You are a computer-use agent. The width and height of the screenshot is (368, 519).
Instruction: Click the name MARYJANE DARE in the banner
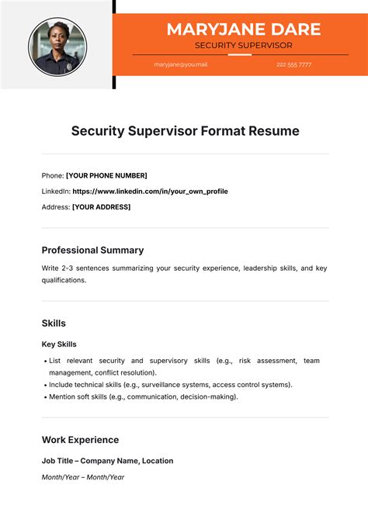[x=243, y=29]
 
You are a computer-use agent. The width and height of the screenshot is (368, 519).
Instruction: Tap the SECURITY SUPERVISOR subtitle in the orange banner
[x=243, y=46]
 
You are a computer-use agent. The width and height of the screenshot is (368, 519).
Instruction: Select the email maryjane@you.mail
[x=181, y=64]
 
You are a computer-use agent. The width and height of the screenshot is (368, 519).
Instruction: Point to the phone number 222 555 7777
[x=293, y=64]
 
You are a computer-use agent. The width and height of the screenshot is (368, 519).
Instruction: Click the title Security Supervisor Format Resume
[x=185, y=131]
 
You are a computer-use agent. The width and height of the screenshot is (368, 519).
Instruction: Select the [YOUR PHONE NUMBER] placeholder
[x=106, y=175]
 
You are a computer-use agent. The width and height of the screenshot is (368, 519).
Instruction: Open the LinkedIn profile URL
[x=150, y=191]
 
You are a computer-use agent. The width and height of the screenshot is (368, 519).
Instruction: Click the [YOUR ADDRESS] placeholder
[x=101, y=207]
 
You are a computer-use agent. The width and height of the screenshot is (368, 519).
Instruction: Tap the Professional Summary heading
[x=92, y=250]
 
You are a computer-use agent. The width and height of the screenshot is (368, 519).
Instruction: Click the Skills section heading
[x=54, y=323]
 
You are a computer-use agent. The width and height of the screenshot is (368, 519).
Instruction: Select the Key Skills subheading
[x=59, y=344]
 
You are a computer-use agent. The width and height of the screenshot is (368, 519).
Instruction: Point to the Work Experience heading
[x=80, y=439]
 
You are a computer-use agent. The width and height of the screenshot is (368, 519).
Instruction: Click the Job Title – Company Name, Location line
[x=107, y=461]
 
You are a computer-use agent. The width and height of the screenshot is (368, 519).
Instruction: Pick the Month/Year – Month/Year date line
[x=83, y=477]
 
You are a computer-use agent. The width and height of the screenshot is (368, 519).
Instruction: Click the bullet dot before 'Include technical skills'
[x=44, y=385]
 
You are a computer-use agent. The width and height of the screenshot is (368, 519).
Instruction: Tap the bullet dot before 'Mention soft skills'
[x=44, y=397]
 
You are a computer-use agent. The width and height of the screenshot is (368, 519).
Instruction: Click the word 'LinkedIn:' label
[x=56, y=191]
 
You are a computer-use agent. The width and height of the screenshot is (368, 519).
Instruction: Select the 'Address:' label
[x=55, y=207]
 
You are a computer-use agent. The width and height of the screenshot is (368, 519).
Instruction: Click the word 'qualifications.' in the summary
[x=64, y=280]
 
